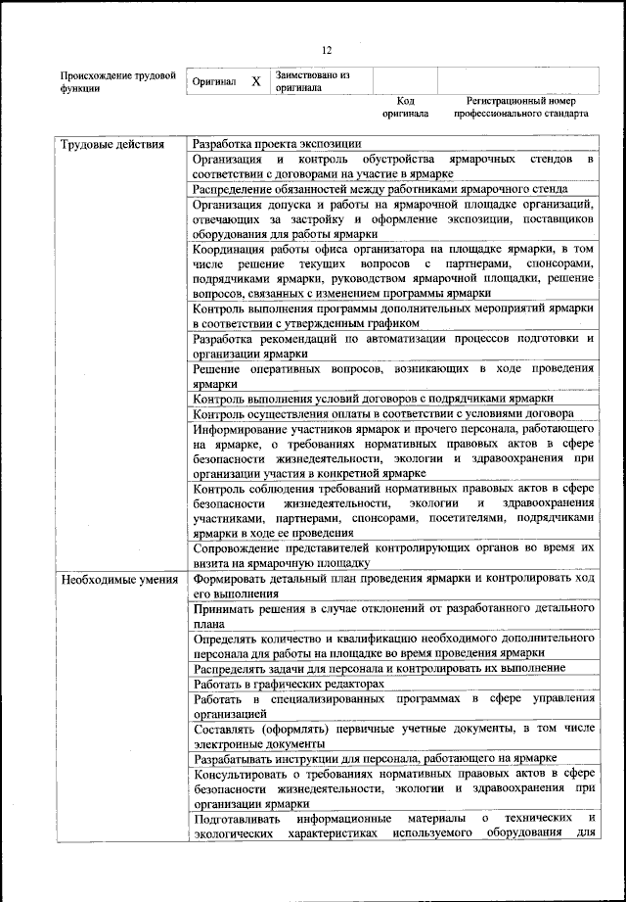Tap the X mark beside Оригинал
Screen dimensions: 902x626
coord(255,82)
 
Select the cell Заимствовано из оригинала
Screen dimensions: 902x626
coord(313,80)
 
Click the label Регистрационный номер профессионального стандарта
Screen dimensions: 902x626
coord(520,107)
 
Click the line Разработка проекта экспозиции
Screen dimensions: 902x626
coord(277,145)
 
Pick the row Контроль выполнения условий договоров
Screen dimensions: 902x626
coord(373,399)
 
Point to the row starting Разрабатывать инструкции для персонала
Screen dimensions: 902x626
coord(375,758)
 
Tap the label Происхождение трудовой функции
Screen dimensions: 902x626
coord(117,80)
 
